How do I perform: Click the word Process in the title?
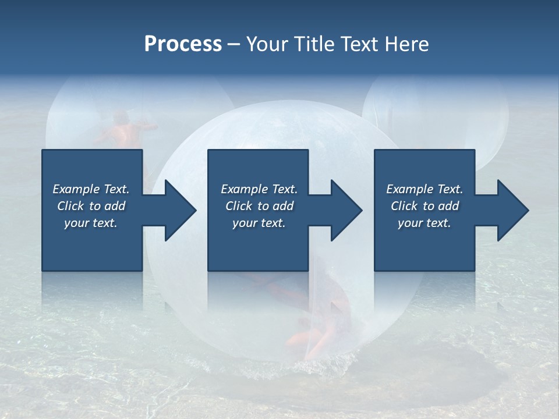[x=183, y=44]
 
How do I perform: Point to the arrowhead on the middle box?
[x=345, y=210]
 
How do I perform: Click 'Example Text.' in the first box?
[x=91, y=189]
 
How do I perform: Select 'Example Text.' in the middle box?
[x=259, y=189]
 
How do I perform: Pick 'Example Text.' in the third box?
[x=424, y=189]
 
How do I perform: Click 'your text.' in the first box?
[x=91, y=223]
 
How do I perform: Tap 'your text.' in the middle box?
[x=259, y=223]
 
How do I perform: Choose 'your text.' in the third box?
[x=424, y=223]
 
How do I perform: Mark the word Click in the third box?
[x=405, y=206]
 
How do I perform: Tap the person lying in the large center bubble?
[x=314, y=332]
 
